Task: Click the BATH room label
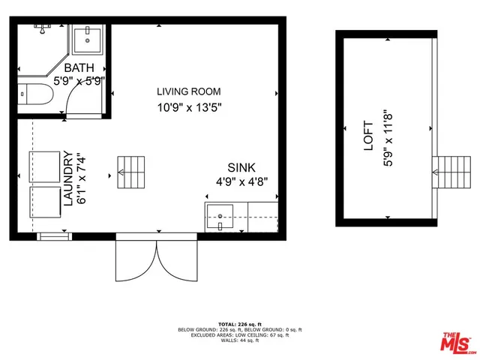point(64,69)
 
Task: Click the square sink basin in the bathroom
point(89,40)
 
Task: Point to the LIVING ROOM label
point(189,92)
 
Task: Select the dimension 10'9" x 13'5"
point(189,106)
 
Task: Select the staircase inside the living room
point(130,172)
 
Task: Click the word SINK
point(241,167)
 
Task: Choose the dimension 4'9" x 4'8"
point(241,181)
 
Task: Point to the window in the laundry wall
point(52,237)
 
